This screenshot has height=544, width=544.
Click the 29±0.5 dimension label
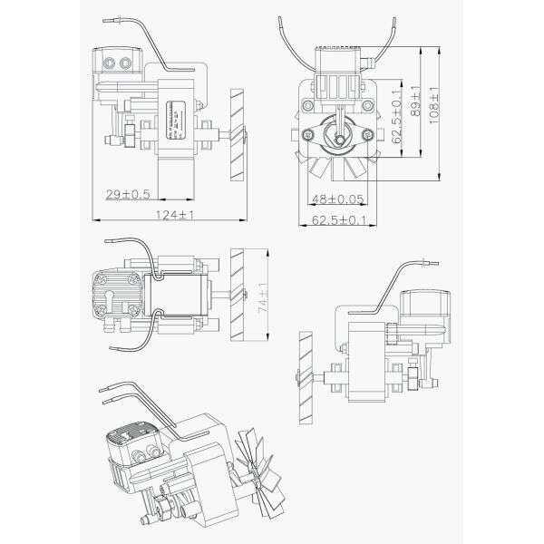click(128, 193)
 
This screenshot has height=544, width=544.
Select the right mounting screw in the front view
click(368, 135)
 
